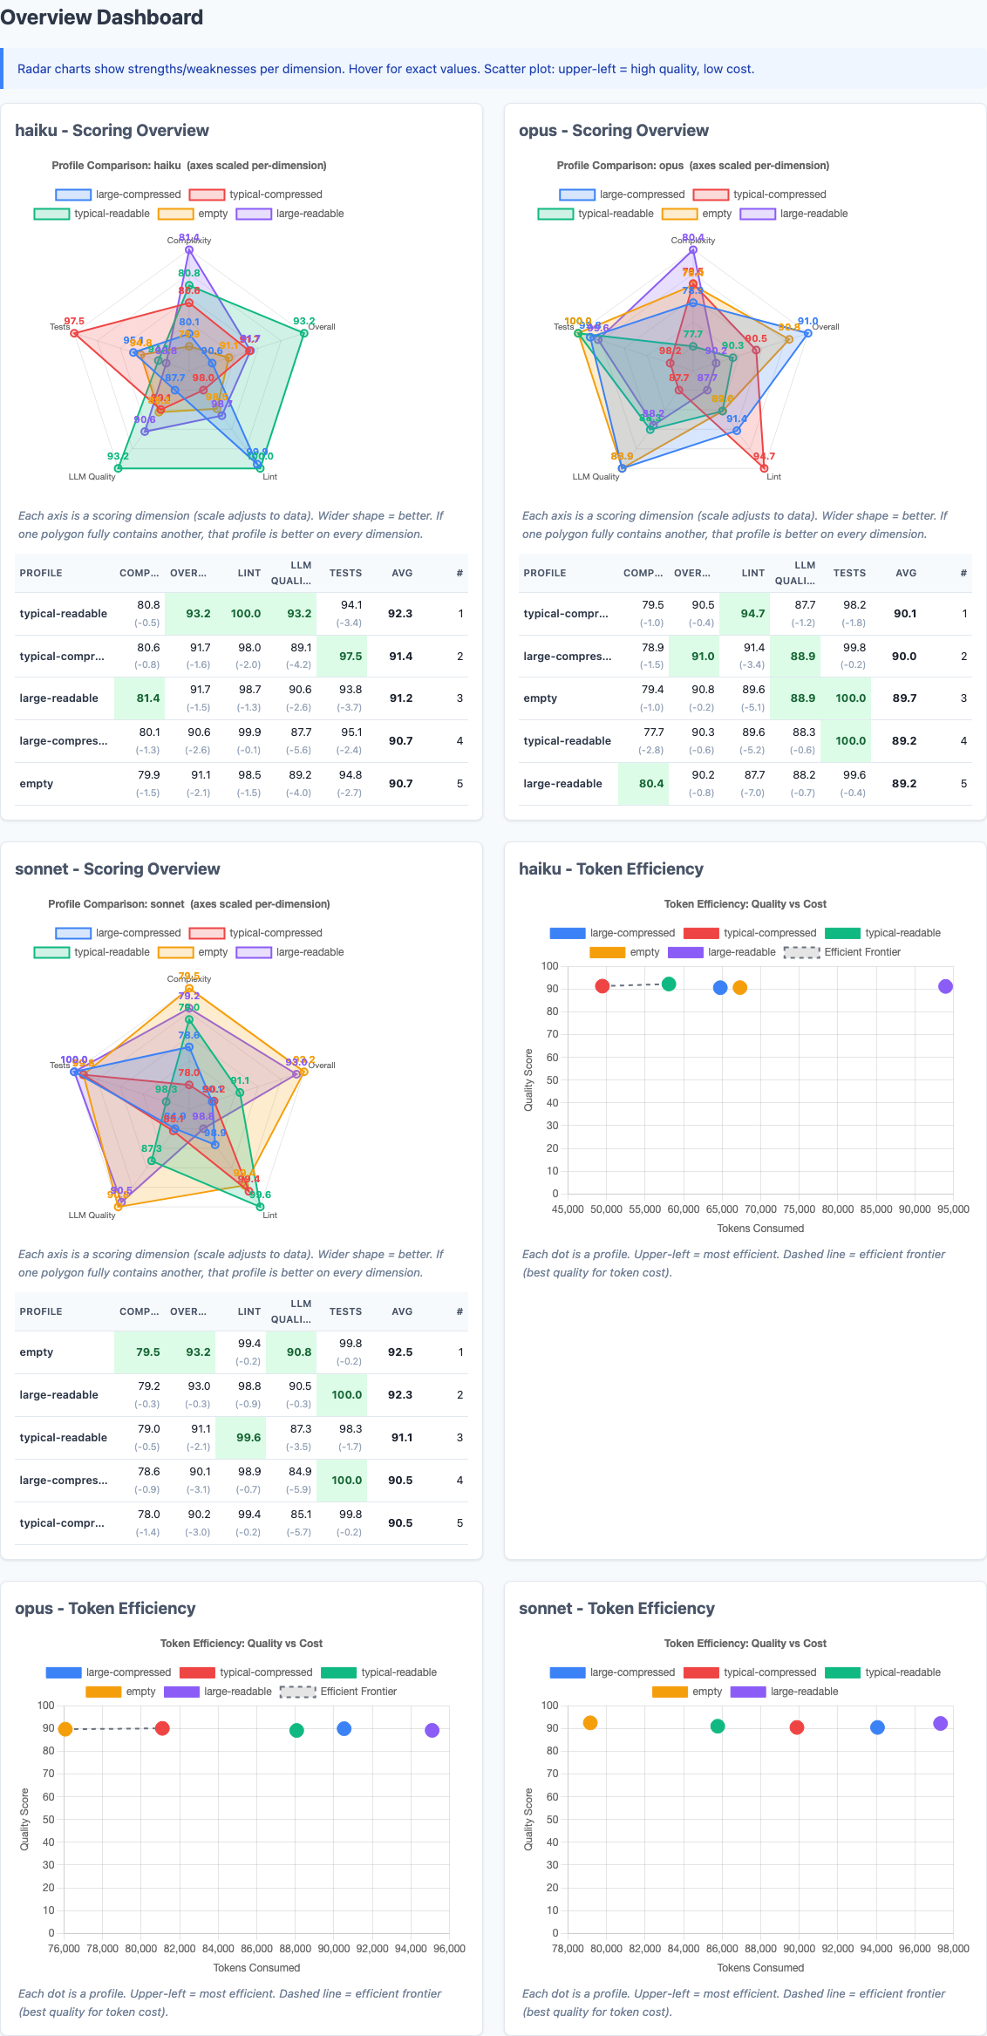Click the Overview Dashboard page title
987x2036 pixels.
pyautogui.click(x=102, y=17)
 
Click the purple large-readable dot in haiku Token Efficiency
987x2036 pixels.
pyautogui.click(x=945, y=986)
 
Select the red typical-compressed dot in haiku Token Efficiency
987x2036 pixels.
pyautogui.click(x=602, y=986)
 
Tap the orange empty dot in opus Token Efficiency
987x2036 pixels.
pyautogui.click(x=65, y=1729)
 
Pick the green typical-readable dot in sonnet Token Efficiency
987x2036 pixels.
pyautogui.click(x=718, y=1726)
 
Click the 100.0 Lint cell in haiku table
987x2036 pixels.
pyautogui.click(x=246, y=614)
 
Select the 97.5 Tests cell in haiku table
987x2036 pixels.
pyautogui.click(x=351, y=657)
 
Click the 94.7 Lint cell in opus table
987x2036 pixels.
pyautogui.click(x=752, y=614)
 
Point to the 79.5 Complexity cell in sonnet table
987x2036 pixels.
pyautogui.click(x=147, y=1352)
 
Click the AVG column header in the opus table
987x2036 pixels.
pyautogui.click(x=906, y=573)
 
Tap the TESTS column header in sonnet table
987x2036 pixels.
pyautogui.click(x=345, y=1311)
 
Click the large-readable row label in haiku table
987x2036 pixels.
pyautogui.click(x=59, y=698)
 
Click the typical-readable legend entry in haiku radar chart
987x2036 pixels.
pyautogui.click(x=92, y=214)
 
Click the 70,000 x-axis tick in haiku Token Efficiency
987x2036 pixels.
pyautogui.click(x=760, y=1209)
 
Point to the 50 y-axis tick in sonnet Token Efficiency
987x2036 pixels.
pyautogui.click(x=550, y=1820)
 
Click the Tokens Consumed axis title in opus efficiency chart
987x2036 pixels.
pyautogui.click(x=256, y=1968)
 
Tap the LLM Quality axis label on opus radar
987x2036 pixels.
pyautogui.click(x=596, y=477)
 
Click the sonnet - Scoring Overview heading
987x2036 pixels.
pyautogui.click(x=118, y=869)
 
